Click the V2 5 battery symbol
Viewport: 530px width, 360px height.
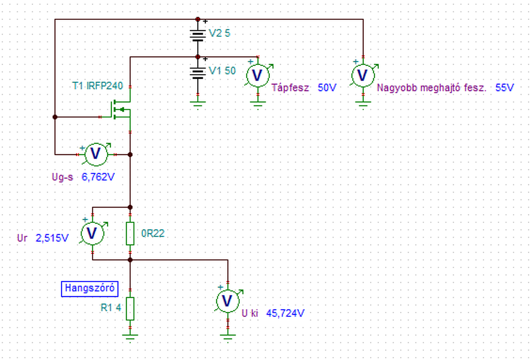click(x=198, y=36)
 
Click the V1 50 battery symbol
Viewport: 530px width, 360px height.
click(x=198, y=73)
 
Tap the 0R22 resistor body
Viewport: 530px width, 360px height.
click(x=130, y=233)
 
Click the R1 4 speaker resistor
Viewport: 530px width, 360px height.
click(x=130, y=309)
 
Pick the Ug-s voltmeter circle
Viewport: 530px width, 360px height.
click(x=96, y=155)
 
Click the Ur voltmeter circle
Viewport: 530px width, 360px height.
click(x=92, y=233)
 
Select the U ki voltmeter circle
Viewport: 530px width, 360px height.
click(x=228, y=301)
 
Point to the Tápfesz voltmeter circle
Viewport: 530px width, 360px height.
click(x=258, y=75)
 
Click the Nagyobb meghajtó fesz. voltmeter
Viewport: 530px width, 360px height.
click(x=363, y=75)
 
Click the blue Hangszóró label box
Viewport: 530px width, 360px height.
click(x=90, y=289)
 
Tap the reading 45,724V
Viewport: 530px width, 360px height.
click(x=285, y=313)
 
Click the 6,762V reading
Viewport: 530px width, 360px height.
click(x=98, y=177)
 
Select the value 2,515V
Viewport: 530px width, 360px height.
click(x=52, y=238)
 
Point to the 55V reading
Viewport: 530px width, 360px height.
click(x=505, y=87)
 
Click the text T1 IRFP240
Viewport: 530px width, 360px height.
click(x=97, y=86)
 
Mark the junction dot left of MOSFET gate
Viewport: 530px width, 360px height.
click(x=55, y=117)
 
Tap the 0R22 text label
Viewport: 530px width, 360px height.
click(x=153, y=234)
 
